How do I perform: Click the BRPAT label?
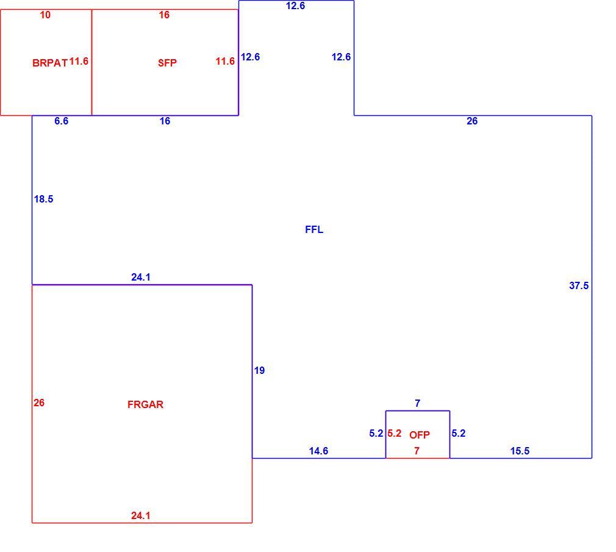(x=50, y=63)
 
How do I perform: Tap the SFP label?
(x=167, y=63)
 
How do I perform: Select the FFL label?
(x=314, y=229)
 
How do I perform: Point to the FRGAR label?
(x=145, y=404)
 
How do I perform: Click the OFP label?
(x=420, y=435)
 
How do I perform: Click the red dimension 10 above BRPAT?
(x=45, y=15)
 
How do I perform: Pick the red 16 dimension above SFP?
(x=164, y=15)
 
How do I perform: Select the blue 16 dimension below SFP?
(x=165, y=121)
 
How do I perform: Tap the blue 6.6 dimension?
(x=61, y=121)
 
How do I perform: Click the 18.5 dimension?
(x=43, y=199)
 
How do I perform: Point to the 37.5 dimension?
(x=579, y=285)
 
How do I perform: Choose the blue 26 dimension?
(x=472, y=121)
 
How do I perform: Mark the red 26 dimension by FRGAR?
(x=39, y=403)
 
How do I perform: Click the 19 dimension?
(x=259, y=370)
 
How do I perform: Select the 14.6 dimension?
(x=318, y=451)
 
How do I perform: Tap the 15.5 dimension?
(x=520, y=451)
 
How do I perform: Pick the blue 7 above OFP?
(x=418, y=404)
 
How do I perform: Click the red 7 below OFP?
(x=417, y=451)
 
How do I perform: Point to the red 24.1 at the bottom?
(x=141, y=515)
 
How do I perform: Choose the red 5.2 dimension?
(x=395, y=433)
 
